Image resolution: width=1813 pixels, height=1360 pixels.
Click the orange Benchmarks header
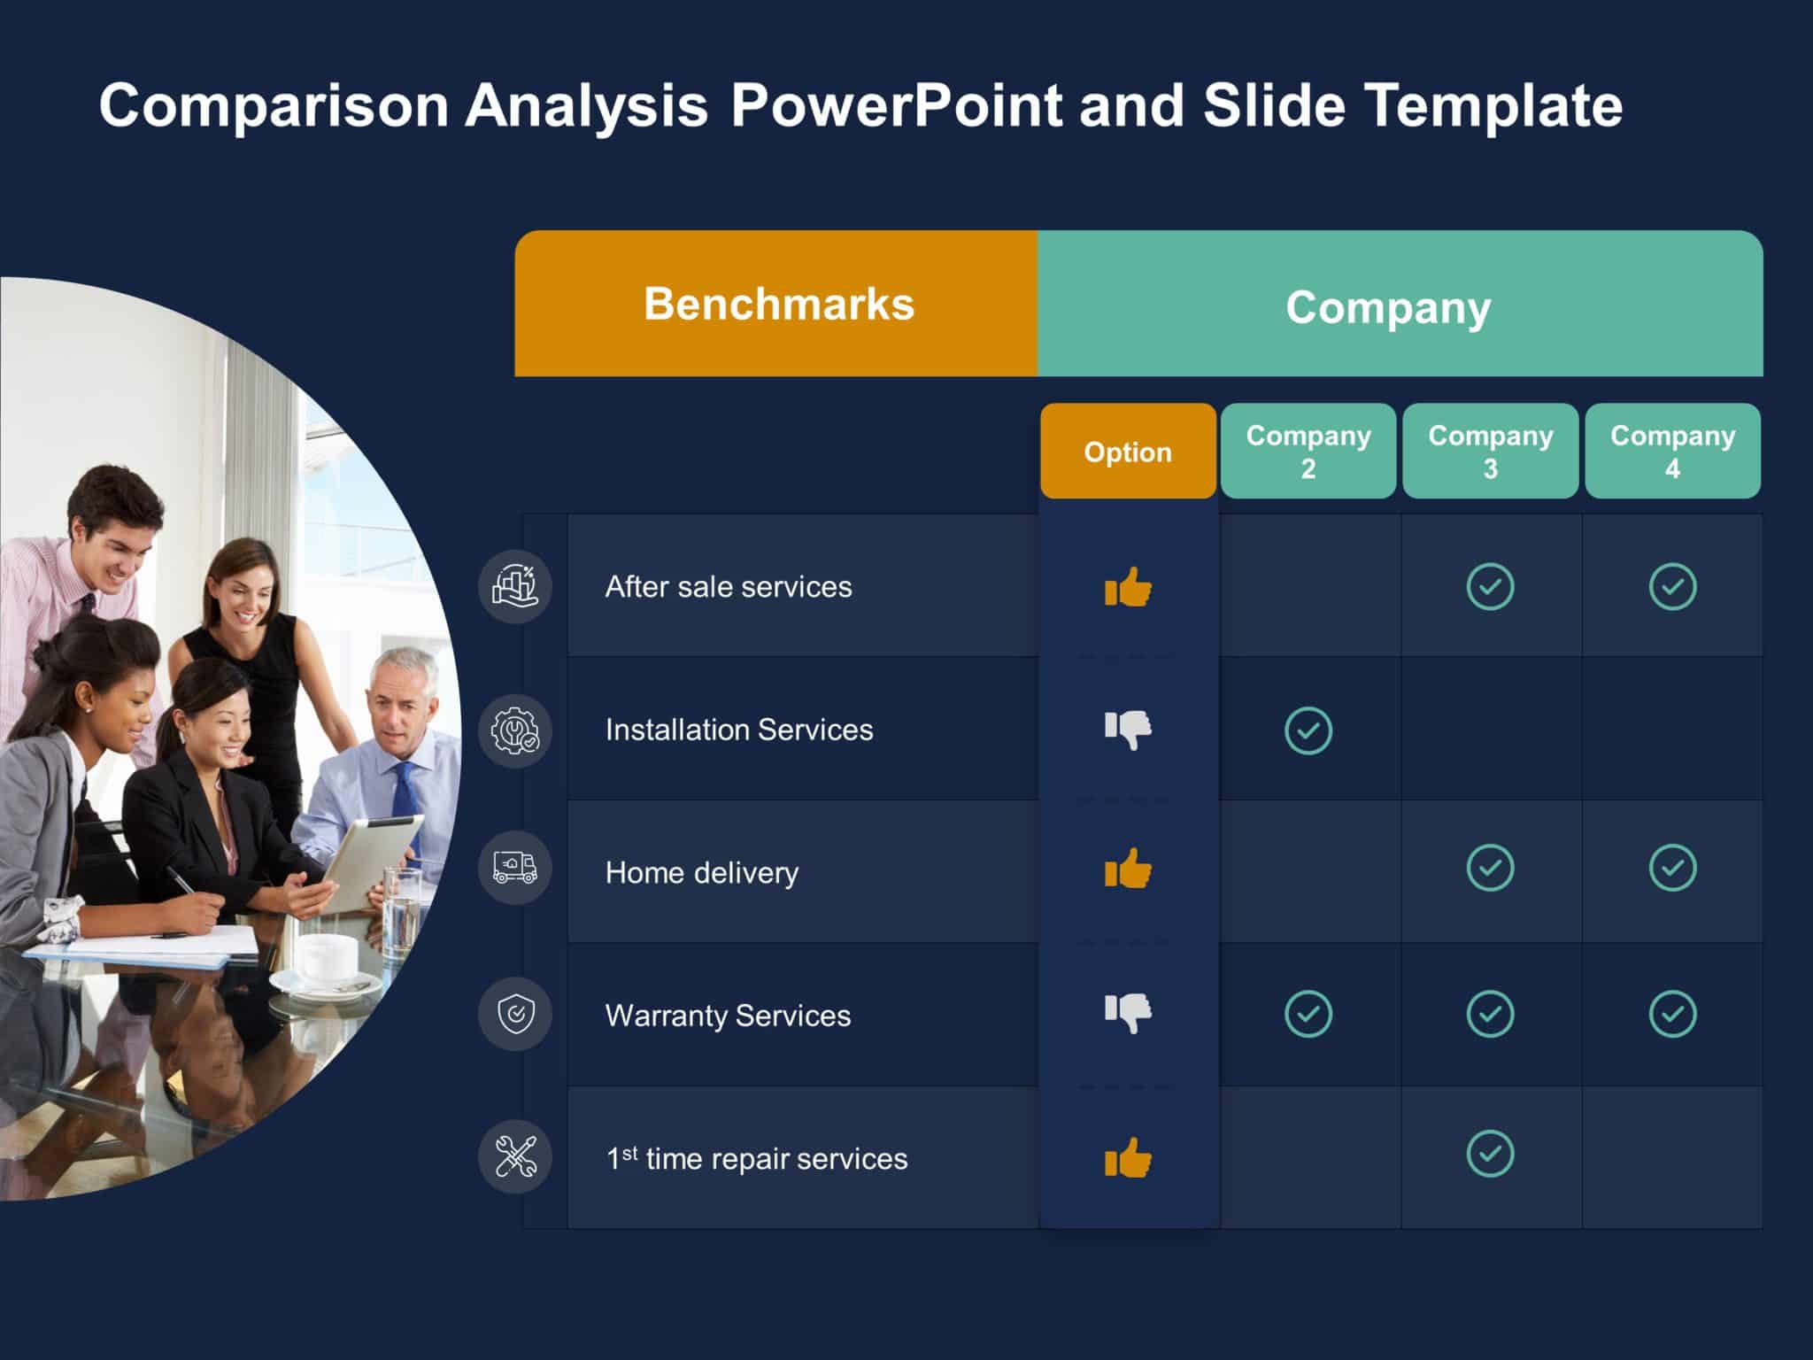point(777,304)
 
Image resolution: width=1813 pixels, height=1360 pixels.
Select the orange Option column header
point(1128,452)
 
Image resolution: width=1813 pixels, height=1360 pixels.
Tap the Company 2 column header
point(1308,452)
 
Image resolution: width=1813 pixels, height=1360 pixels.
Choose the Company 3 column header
point(1490,452)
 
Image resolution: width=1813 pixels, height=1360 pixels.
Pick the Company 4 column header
point(1672,452)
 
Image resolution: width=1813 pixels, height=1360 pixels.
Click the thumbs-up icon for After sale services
point(1128,587)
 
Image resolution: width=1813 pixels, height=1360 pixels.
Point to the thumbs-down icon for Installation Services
point(1128,730)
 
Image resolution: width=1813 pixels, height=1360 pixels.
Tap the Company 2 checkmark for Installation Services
point(1308,730)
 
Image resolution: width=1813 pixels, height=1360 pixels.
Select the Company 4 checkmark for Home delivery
point(1672,868)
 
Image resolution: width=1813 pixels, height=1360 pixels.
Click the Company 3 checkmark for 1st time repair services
point(1490,1154)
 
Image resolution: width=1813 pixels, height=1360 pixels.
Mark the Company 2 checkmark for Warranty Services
point(1308,1014)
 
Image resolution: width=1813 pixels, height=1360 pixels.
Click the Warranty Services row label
point(728,1016)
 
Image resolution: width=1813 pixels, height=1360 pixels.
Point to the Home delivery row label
point(701,873)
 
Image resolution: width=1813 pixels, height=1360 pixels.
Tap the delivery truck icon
point(515,868)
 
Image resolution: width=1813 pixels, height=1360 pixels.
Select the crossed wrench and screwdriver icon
point(515,1156)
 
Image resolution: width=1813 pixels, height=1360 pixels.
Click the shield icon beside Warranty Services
point(515,1014)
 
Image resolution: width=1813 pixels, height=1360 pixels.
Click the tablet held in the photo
point(372,859)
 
